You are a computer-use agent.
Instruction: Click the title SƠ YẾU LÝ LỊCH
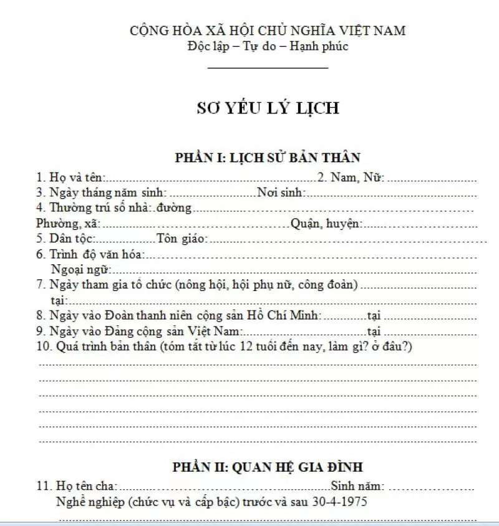pyautogui.click(x=268, y=108)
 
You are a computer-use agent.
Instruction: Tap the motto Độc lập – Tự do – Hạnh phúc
pyautogui.click(x=268, y=46)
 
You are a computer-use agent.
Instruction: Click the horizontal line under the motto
pyautogui.click(x=268, y=67)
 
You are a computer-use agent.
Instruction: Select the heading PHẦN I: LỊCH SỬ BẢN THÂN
pyautogui.click(x=268, y=158)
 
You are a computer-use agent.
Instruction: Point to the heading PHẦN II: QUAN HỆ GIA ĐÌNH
pyautogui.click(x=268, y=467)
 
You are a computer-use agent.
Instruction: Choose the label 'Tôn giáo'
pyautogui.click(x=182, y=239)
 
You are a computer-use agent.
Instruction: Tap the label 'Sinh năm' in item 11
pyautogui.click(x=358, y=486)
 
